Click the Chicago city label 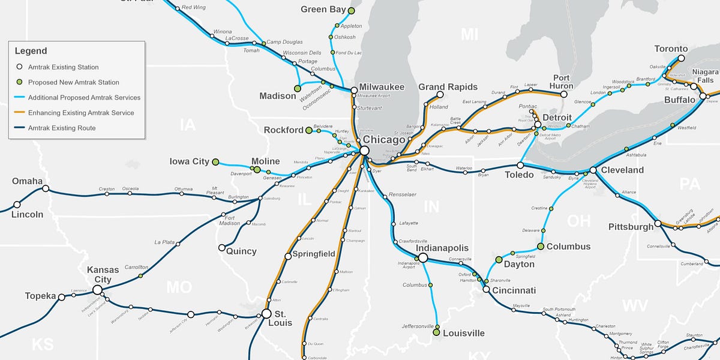pyautogui.click(x=384, y=140)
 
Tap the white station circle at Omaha pyautogui.click(x=46, y=188)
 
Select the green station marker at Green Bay pyautogui.click(x=351, y=11)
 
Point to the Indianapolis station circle pyautogui.click(x=422, y=257)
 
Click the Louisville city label pyautogui.click(x=464, y=334)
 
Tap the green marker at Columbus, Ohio pyautogui.click(x=541, y=247)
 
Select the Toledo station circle pyautogui.click(x=520, y=165)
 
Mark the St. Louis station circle pyautogui.click(x=266, y=313)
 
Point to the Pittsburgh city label pyautogui.click(x=631, y=227)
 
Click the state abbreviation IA pyautogui.click(x=188, y=125)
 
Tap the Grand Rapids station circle pyautogui.click(x=440, y=95)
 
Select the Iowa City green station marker pyautogui.click(x=215, y=161)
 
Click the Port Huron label pyautogui.click(x=562, y=82)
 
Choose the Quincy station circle pyautogui.click(x=221, y=247)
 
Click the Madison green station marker pyautogui.click(x=297, y=88)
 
